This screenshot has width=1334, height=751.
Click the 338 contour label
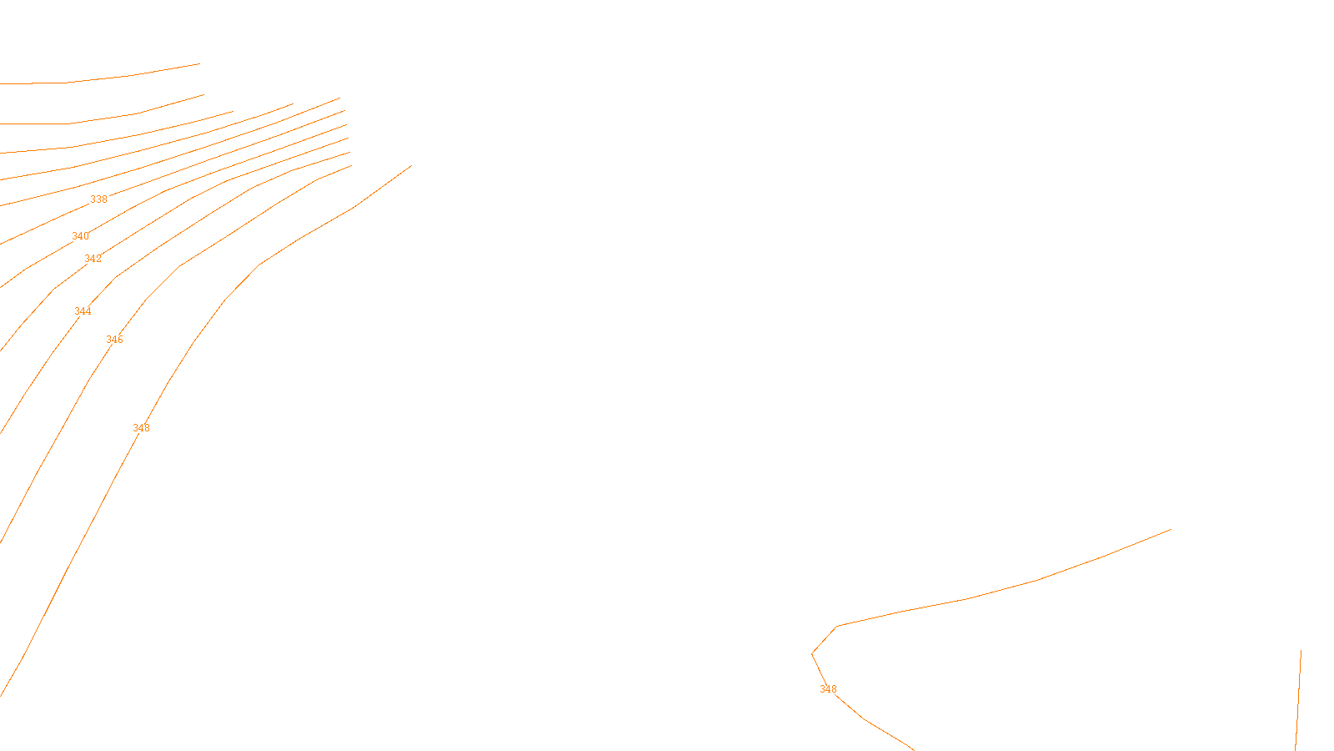pos(98,199)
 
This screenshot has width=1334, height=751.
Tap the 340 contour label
pos(80,236)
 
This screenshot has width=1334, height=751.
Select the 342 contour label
pos(93,259)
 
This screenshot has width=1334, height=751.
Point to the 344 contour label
pos(83,311)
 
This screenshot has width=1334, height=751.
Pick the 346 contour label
pos(114,340)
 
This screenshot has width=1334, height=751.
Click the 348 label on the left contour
pos(141,428)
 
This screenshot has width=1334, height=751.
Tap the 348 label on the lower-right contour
pos(828,689)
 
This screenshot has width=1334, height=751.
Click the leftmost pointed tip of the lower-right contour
pos(812,653)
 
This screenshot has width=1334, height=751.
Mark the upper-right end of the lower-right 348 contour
pos(1171,529)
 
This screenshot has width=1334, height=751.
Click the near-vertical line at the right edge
pos(1298,701)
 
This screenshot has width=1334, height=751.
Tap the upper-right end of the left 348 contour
pos(411,165)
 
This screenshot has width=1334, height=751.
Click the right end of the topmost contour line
pos(199,63)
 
